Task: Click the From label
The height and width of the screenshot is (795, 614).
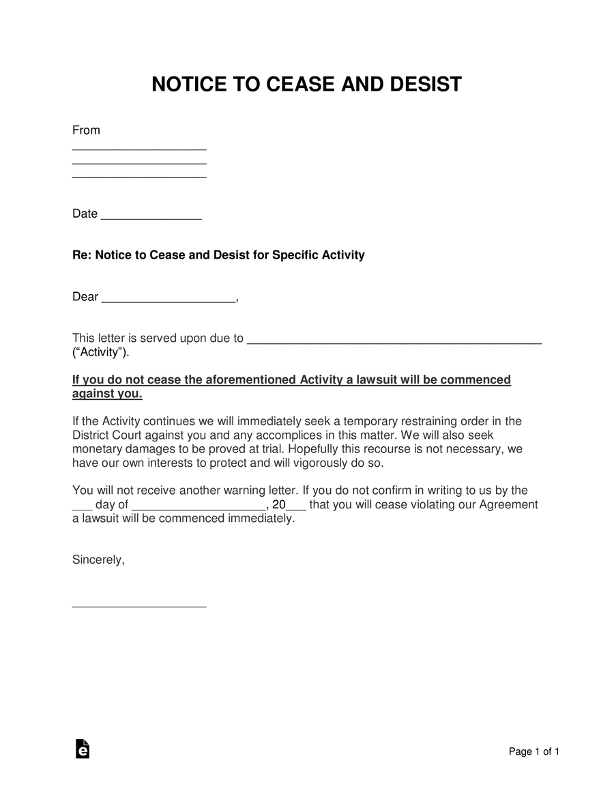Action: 86,130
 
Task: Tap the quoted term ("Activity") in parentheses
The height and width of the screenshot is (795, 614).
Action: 100,353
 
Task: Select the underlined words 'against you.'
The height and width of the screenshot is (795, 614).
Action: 107,394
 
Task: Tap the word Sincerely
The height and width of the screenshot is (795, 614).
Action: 98,560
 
